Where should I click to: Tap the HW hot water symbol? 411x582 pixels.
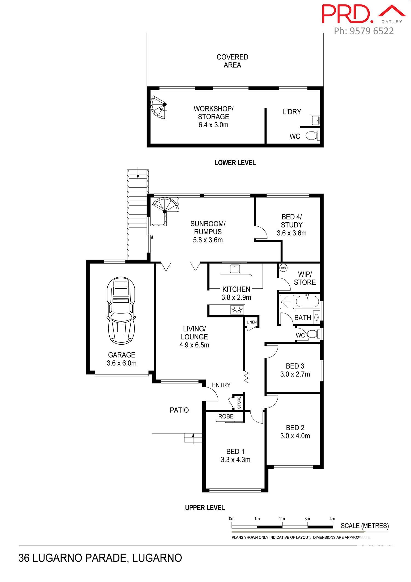(x=283, y=268)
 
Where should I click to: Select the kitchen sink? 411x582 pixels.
(x=235, y=268)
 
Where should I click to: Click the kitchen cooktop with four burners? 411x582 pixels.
(x=237, y=310)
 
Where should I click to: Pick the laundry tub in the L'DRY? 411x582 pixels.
(x=315, y=120)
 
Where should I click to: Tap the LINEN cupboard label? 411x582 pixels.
(x=252, y=322)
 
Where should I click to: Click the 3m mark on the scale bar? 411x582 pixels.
(x=307, y=519)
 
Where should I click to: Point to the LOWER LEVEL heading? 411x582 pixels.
(x=235, y=163)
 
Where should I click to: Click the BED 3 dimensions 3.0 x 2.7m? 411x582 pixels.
(x=295, y=374)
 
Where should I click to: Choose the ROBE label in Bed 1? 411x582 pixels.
(x=226, y=416)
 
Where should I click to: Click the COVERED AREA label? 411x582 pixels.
(x=232, y=61)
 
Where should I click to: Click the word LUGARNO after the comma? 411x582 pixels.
(x=157, y=558)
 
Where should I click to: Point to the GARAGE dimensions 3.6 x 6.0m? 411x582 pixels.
(x=122, y=363)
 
